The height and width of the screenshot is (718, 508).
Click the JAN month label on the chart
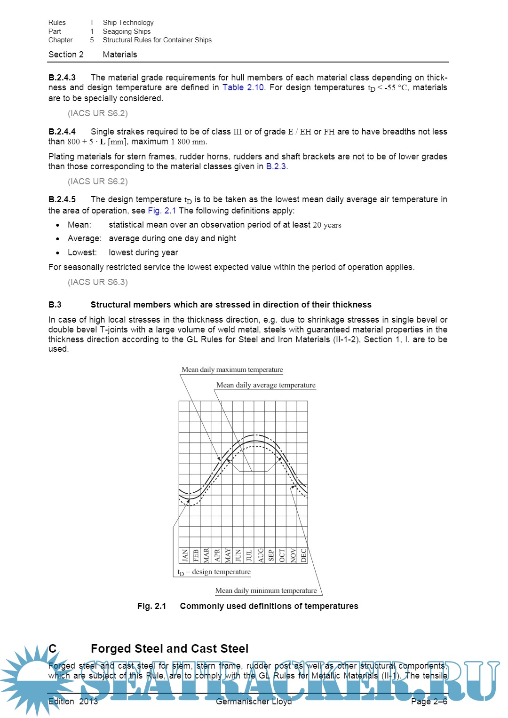[x=185, y=555]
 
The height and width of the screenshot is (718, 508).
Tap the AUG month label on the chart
[x=261, y=555]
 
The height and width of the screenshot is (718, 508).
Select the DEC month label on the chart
[x=303, y=555]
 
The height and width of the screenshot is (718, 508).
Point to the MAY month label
[x=228, y=555]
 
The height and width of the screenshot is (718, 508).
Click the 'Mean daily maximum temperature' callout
[x=232, y=370]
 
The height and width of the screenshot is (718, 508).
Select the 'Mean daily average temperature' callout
[x=266, y=385]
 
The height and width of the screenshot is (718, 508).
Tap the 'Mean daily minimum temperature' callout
[x=266, y=591]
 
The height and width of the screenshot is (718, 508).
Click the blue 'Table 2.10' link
[x=243, y=87]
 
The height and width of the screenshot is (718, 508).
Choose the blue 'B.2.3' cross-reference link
[x=276, y=166]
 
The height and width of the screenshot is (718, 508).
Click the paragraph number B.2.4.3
[x=62, y=78]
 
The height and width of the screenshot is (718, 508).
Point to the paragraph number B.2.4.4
[x=62, y=132]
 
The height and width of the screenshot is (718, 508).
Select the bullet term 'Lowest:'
[x=82, y=252]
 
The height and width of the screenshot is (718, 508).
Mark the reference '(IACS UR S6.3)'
[x=98, y=282]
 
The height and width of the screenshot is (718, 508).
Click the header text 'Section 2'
[x=66, y=55]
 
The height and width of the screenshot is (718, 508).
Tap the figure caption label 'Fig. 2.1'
[x=152, y=606]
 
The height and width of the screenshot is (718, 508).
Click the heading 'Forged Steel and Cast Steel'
[x=169, y=649]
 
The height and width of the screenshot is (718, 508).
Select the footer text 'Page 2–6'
[x=429, y=702]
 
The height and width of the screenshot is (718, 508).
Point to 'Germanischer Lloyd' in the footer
[x=254, y=702]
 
